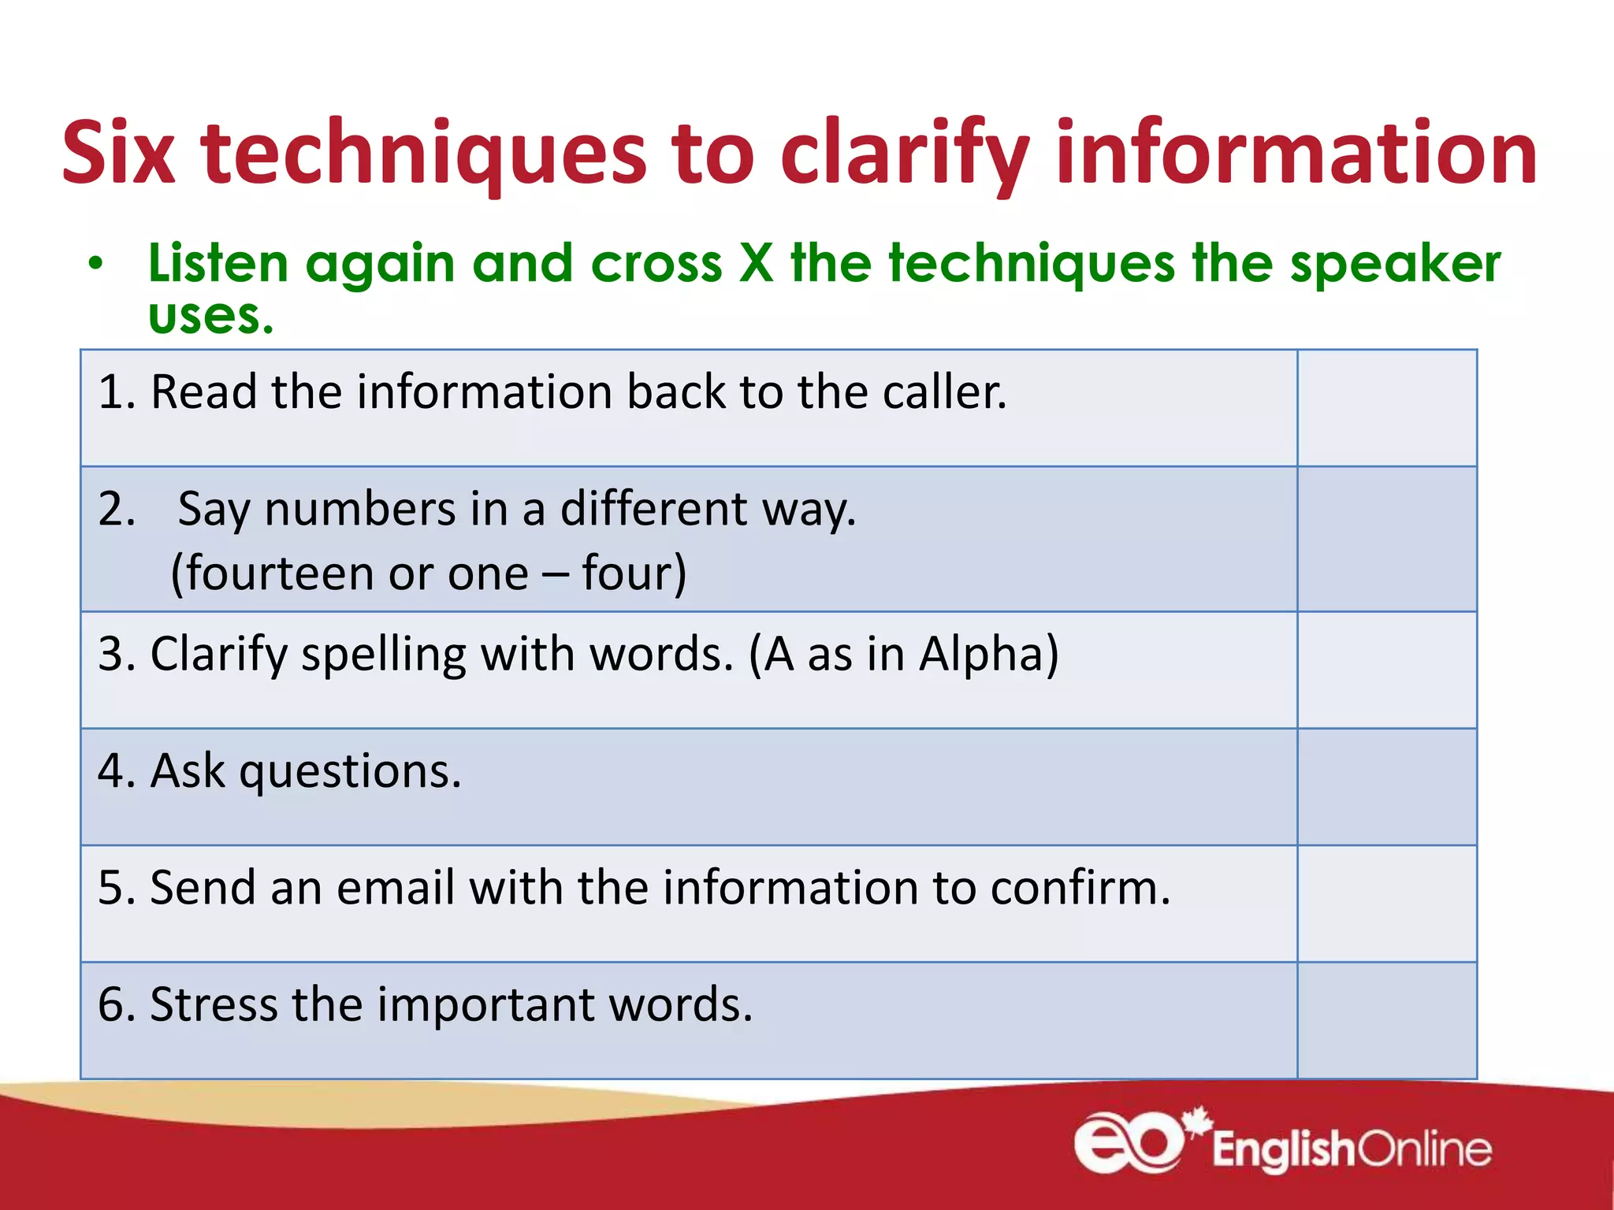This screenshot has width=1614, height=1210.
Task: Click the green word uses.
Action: (x=210, y=317)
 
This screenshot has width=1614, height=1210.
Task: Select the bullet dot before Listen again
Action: (x=95, y=264)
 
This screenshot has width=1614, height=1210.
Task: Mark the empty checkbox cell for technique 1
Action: (x=1386, y=408)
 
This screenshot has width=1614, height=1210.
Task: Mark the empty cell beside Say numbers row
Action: (x=1386, y=539)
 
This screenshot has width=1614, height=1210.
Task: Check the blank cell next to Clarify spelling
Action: (x=1386, y=670)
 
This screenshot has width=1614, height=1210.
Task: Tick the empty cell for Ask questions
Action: (x=1386, y=786)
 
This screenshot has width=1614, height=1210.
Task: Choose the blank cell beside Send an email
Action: (x=1386, y=904)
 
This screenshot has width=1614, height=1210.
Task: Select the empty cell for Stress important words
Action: (x=1386, y=1020)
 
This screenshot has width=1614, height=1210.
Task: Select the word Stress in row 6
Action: (x=214, y=1004)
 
